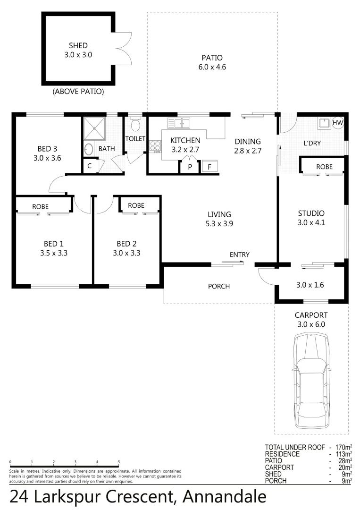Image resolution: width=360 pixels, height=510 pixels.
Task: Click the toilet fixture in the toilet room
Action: pyautogui.click(x=136, y=124)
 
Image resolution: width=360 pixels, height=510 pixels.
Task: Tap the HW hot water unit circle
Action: pyautogui.click(x=338, y=123)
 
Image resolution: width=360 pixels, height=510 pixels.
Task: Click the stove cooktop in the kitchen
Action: pyautogui.click(x=155, y=146)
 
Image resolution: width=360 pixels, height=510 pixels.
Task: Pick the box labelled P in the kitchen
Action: pyautogui.click(x=190, y=167)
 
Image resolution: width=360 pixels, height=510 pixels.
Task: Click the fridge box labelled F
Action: pyautogui.click(x=209, y=167)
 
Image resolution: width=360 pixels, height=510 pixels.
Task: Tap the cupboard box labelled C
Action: pyautogui.click(x=90, y=166)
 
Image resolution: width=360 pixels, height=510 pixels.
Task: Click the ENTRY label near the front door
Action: pyautogui.click(x=239, y=255)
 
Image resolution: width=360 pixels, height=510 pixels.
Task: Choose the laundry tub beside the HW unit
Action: pyautogui.click(x=324, y=124)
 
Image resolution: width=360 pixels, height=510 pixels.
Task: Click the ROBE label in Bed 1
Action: pyautogui.click(x=40, y=207)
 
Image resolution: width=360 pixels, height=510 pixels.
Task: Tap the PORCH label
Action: pyautogui.click(x=219, y=286)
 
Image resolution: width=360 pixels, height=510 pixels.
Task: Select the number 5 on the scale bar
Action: pyautogui.click(x=119, y=462)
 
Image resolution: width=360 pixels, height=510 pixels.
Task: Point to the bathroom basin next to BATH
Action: pyautogui.click(x=89, y=149)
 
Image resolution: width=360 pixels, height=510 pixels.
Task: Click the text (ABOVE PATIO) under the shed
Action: pyautogui.click(x=78, y=91)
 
